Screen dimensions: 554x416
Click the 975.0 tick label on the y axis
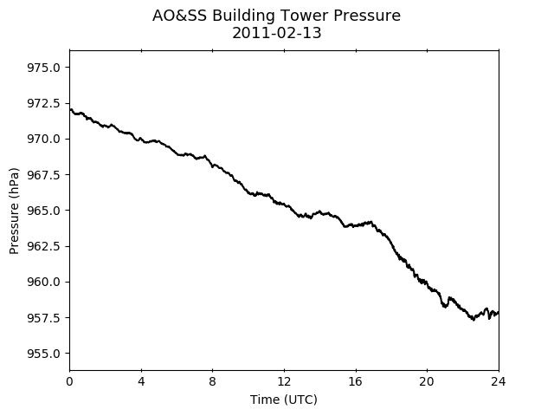43,68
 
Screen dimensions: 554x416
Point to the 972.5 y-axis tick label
43,103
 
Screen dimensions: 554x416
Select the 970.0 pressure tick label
43,139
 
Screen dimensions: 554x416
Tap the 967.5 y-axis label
43,175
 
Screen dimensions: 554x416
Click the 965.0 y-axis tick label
43,211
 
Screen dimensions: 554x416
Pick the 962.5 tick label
43,246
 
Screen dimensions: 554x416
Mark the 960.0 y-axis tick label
43,282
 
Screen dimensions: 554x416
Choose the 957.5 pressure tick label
43,318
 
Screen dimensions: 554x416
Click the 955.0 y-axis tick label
43,354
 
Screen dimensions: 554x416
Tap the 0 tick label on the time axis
69,381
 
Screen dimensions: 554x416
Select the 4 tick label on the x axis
141,381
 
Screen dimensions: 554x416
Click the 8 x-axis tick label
212,381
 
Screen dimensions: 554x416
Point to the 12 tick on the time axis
284,381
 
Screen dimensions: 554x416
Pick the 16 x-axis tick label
356,381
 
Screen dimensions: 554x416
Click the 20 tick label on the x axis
427,381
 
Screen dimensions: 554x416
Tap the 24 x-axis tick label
499,381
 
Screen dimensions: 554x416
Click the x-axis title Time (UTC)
284,400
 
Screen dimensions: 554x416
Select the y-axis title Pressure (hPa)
14,211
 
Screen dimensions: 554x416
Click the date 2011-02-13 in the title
277,33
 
